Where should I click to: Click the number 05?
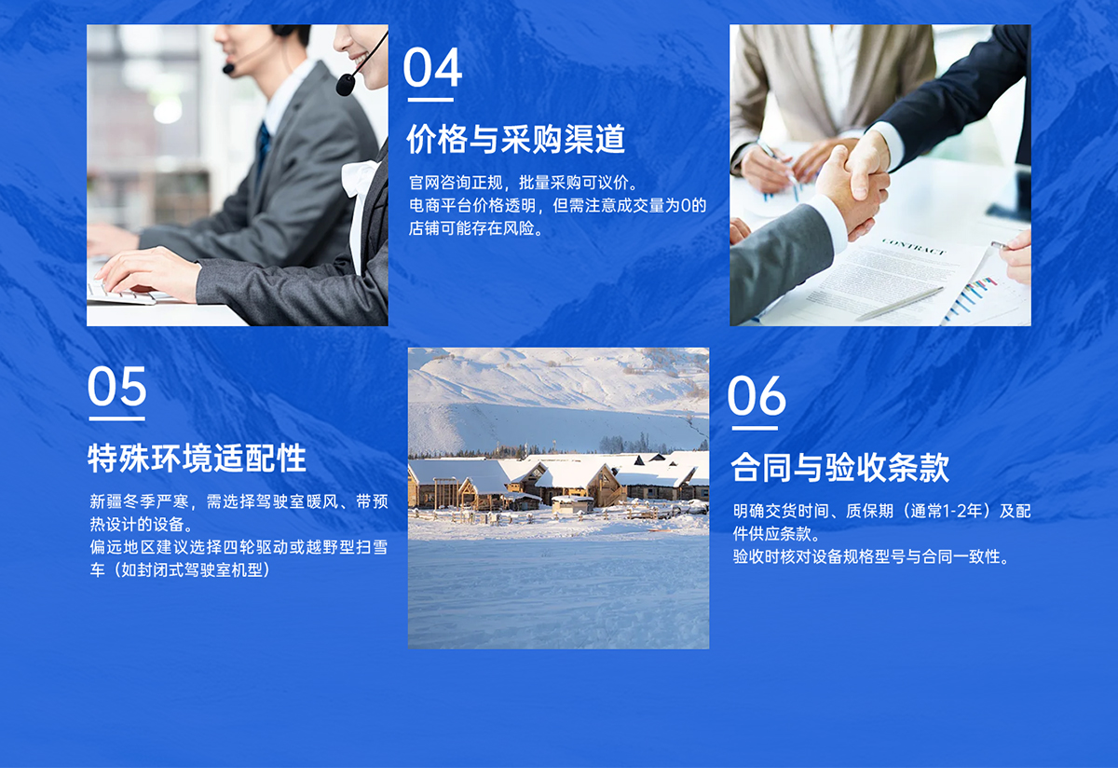click(117, 386)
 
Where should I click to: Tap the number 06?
click(757, 396)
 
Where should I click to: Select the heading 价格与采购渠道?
click(515, 140)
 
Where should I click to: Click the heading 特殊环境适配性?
click(197, 458)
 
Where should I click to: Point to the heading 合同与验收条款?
click(839, 467)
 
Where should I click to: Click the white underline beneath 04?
click(430, 99)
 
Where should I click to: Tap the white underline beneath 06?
click(755, 428)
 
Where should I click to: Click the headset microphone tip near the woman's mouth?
click(346, 86)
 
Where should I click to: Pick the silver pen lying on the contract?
click(899, 304)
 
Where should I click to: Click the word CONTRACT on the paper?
click(913, 249)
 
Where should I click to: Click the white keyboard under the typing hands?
click(121, 293)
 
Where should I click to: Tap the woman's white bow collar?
click(360, 177)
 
